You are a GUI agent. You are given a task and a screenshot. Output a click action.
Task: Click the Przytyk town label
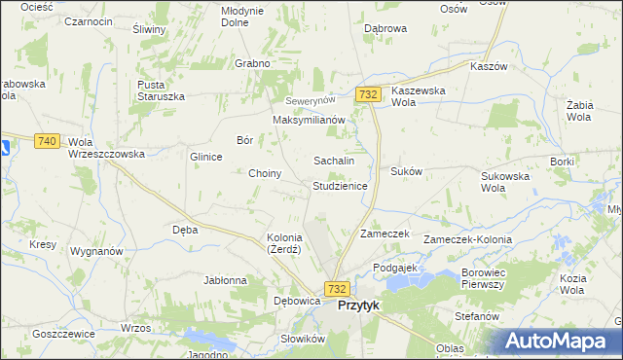pos(358,305)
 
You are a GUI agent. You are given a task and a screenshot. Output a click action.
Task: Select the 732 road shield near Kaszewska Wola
pos(368,94)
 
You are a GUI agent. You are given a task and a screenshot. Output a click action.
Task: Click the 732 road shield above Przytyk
pos(337,289)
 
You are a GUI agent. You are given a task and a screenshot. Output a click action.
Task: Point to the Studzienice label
pos(340,185)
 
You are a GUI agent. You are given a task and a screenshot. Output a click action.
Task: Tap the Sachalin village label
pos(333,160)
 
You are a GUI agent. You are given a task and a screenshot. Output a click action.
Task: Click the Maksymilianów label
pos(310,120)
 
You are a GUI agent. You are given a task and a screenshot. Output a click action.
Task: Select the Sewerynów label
pos(310,101)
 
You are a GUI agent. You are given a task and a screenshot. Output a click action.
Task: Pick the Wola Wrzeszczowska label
pos(106,148)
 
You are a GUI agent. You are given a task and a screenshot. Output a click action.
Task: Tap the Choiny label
pos(265,173)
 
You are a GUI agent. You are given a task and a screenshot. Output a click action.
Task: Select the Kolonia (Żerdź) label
pos(284,243)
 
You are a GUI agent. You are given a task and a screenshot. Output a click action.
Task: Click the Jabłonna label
pos(225,280)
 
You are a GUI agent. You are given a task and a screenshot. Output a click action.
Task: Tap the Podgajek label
pos(395,267)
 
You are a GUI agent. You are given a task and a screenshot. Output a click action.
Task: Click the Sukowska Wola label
pos(505,183)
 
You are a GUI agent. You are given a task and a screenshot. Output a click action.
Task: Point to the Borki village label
pos(562,162)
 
